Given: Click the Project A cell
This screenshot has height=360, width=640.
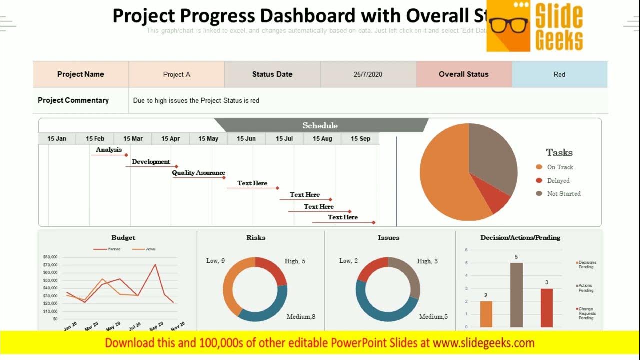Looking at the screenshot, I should click(177, 74).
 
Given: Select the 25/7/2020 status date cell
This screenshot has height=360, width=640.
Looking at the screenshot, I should click(368, 74).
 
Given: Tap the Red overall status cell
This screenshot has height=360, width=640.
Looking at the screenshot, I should click(559, 74).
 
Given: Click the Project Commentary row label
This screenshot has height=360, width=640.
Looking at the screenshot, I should click(73, 100).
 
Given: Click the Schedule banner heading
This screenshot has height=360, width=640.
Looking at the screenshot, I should click(320, 125).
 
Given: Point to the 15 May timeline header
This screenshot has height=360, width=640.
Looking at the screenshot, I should click(208, 139).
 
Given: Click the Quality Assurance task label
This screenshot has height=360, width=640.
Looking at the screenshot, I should click(198, 173).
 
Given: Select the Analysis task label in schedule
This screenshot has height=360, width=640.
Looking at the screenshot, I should click(109, 150).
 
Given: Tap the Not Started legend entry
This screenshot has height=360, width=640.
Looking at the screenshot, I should click(563, 194).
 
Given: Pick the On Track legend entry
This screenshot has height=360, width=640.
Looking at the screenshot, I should click(559, 167).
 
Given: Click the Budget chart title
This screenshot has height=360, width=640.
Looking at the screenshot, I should click(123, 238).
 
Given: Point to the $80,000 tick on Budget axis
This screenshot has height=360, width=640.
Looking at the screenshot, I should click(51, 257).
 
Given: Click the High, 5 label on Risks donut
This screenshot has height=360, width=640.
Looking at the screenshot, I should click(295, 261).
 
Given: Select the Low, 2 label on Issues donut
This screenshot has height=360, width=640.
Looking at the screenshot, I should click(348, 261).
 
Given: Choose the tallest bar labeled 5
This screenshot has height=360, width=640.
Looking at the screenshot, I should click(516, 295).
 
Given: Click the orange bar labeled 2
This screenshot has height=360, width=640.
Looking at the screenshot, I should click(486, 314).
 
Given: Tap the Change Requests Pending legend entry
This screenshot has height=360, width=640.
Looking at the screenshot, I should click(587, 313).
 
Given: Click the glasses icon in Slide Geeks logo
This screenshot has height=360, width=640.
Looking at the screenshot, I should click(509, 25).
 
